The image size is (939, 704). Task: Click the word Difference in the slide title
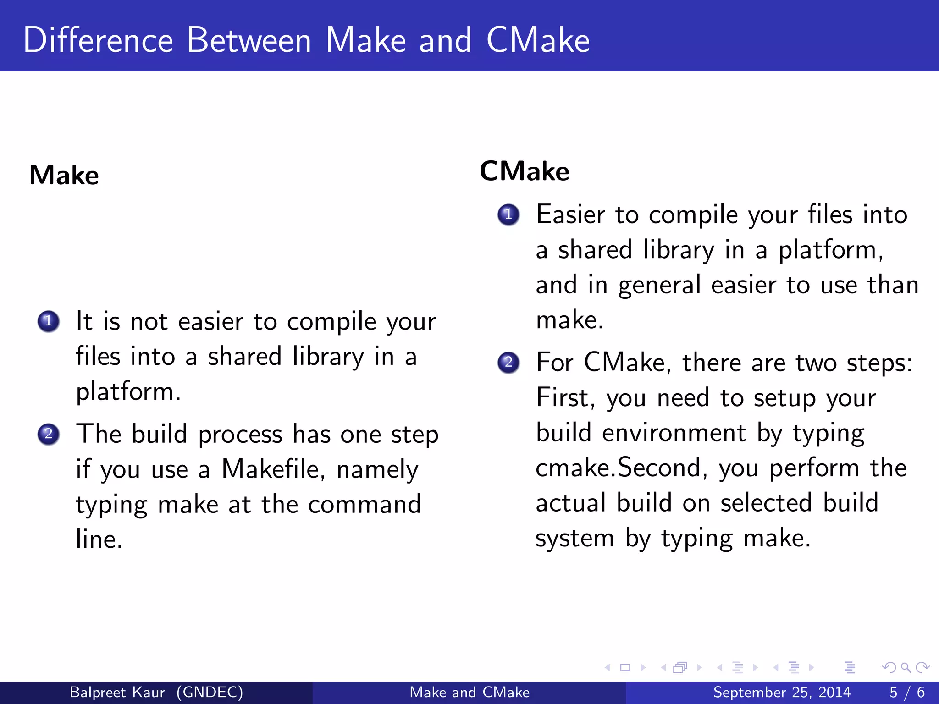(98, 40)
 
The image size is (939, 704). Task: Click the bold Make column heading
(64, 175)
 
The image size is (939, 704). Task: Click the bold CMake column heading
(525, 171)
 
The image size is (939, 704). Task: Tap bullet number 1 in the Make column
(49, 321)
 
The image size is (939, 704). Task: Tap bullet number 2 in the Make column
(49, 434)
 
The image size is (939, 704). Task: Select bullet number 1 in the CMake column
(508, 214)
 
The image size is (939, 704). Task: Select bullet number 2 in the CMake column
(508, 363)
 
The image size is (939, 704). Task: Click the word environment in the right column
(674, 433)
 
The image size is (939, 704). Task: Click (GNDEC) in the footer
(210, 692)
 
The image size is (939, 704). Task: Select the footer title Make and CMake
(469, 692)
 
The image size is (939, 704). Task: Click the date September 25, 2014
(782, 692)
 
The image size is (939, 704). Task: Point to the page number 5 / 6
(907, 692)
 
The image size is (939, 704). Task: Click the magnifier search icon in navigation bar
(906, 668)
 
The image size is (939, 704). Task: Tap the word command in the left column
(364, 505)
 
